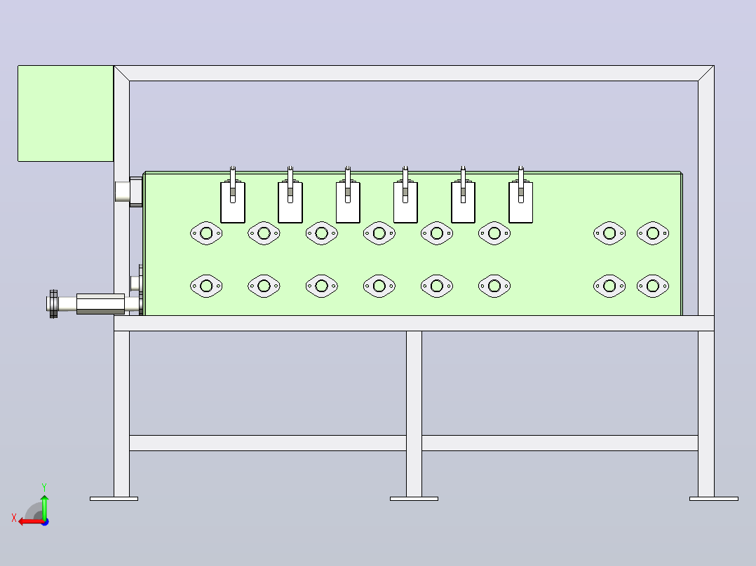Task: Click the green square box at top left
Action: point(66,113)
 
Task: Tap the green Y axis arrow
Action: point(44,506)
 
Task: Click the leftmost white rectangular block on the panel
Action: point(233,202)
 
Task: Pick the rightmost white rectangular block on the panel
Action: point(520,202)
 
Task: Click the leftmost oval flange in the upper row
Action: point(206,233)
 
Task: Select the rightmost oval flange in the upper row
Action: point(653,233)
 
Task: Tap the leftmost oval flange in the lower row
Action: point(206,286)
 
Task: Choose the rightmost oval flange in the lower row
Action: point(653,286)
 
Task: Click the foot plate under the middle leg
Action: point(414,499)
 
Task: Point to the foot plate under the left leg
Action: point(114,499)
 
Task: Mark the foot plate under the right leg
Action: point(714,499)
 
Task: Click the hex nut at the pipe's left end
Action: point(53,304)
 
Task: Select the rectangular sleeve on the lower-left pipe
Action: point(101,304)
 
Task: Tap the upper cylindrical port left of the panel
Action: point(123,191)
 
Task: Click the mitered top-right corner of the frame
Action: point(706,74)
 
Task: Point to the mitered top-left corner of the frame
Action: point(121,74)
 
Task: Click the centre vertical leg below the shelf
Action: point(414,414)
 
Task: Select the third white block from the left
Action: point(348,202)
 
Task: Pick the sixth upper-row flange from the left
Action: point(494,233)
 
